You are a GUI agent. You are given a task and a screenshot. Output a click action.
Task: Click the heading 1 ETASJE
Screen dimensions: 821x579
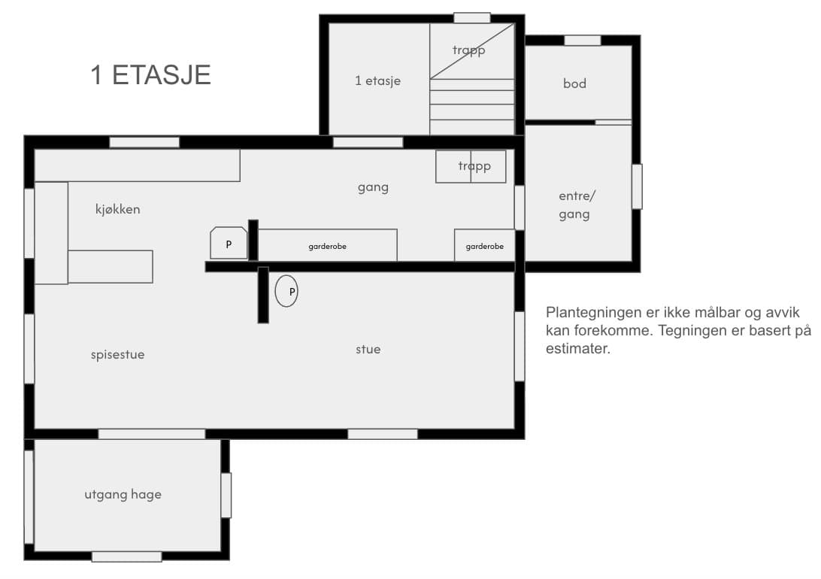151,75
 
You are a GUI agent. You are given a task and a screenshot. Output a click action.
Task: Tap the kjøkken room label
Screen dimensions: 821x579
118,209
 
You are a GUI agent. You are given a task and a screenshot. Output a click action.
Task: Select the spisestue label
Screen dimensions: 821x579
118,355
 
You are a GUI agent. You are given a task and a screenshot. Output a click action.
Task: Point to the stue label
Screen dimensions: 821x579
368,349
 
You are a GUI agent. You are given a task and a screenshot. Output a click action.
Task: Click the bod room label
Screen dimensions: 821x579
574,83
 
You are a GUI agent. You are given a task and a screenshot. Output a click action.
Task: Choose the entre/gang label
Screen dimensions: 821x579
575,205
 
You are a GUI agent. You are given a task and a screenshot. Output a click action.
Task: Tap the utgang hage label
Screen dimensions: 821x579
123,495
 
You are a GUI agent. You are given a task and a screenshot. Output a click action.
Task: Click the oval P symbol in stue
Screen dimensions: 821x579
286,291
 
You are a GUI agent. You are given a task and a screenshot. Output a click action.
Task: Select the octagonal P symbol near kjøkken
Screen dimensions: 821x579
229,243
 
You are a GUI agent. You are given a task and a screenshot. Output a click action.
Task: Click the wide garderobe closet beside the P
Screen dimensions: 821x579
328,245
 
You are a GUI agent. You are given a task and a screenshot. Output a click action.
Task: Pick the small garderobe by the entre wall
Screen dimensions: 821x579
485,245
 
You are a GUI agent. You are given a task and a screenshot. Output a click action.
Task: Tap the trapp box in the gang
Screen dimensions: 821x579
471,166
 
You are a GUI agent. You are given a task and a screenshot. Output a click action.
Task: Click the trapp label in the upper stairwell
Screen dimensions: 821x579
468,50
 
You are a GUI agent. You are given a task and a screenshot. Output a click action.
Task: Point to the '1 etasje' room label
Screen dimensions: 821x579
377,80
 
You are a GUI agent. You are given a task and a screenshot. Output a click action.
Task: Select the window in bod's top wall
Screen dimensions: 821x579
582,41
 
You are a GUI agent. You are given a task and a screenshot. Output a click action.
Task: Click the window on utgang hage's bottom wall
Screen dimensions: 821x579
127,556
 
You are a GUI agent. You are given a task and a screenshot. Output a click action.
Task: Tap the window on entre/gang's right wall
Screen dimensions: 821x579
637,187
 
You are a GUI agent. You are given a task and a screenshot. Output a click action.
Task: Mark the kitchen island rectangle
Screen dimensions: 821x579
111,266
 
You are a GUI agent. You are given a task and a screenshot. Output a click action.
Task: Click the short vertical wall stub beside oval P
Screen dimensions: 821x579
263,295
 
